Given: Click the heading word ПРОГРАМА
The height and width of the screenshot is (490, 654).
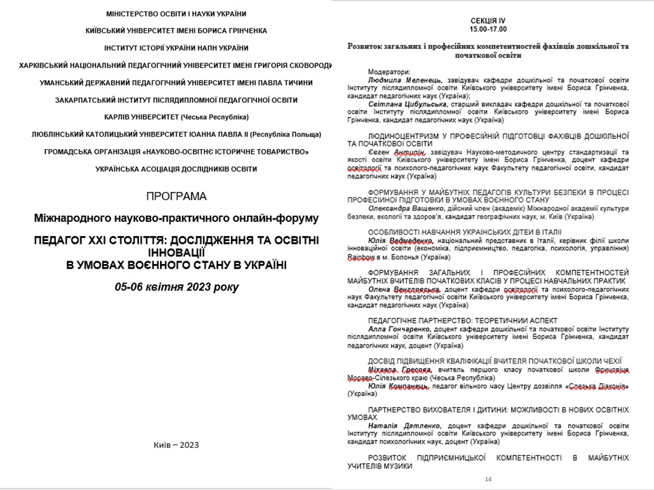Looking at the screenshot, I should pos(176,197).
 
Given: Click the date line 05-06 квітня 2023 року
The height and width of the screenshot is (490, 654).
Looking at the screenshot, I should pos(176,287).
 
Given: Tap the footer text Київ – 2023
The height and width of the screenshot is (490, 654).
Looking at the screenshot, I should pos(176,445).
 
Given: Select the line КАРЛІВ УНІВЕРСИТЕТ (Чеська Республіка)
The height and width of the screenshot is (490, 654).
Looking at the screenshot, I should pos(176,117).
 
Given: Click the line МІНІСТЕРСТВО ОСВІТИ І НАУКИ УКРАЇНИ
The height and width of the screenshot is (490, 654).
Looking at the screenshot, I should pos(176,14).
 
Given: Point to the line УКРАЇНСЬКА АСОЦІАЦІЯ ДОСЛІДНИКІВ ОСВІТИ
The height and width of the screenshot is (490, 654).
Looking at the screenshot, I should pos(176,168).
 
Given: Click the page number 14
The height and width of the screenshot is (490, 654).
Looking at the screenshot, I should pos(488,479).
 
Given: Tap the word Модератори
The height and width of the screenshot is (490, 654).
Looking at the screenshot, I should pos(390,71).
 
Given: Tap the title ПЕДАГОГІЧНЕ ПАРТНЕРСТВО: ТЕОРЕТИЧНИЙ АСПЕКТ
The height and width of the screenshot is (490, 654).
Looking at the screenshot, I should pos(462,320).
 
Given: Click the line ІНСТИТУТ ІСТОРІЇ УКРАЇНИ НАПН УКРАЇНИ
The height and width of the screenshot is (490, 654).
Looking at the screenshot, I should pos(176,48).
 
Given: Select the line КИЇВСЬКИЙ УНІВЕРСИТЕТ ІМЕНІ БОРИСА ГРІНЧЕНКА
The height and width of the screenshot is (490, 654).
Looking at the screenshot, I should pos(176,31).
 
